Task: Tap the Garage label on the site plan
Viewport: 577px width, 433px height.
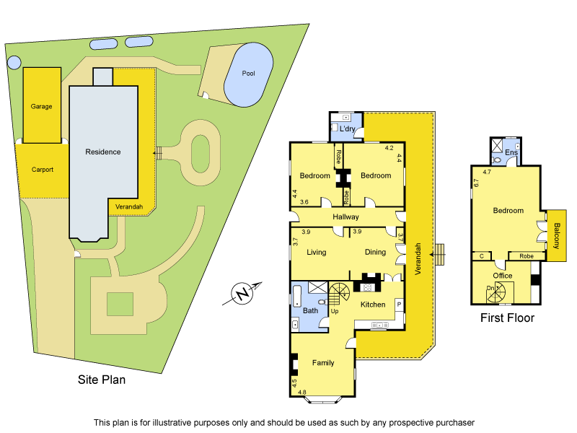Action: tap(41, 106)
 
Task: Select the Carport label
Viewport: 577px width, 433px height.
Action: tap(43, 170)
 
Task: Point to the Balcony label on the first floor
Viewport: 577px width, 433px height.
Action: tap(557, 236)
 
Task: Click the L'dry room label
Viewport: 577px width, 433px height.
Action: tap(348, 129)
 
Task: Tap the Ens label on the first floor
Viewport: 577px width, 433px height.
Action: tap(511, 153)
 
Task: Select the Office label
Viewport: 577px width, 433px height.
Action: tap(503, 276)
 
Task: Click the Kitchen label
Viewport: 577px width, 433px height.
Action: tap(373, 305)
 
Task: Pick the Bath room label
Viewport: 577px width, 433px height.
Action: tap(310, 311)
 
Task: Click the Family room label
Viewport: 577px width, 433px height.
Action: tap(323, 362)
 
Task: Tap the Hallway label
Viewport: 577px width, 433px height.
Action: tap(345, 217)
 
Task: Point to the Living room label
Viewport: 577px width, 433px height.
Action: tap(316, 253)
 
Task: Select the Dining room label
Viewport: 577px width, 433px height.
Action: tap(375, 253)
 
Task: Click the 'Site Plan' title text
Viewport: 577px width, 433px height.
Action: tap(102, 380)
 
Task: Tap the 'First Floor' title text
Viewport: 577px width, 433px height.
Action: tap(507, 318)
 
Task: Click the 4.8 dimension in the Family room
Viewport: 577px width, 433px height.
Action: tap(302, 393)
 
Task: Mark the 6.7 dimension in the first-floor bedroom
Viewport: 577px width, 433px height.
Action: tap(476, 183)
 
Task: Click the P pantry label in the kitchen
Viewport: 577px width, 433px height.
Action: tap(398, 305)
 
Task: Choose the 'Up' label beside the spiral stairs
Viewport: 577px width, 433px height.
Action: tap(335, 312)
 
